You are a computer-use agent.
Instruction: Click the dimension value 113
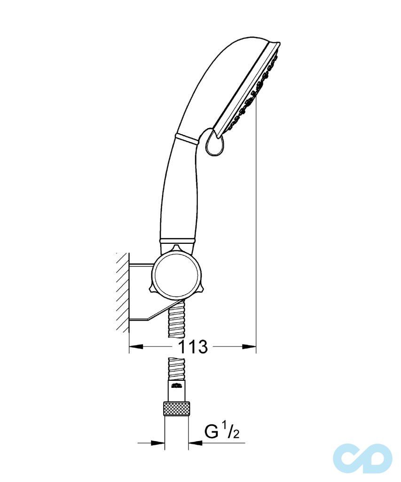(x=193, y=347)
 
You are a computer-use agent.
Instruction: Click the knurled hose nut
(x=176, y=408)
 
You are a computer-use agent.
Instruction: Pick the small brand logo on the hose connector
(x=176, y=387)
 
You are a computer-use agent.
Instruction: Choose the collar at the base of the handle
(x=177, y=241)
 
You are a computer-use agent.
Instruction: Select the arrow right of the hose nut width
(x=196, y=442)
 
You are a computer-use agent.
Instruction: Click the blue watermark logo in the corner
(x=362, y=458)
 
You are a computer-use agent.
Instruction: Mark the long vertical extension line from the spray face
(x=256, y=212)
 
